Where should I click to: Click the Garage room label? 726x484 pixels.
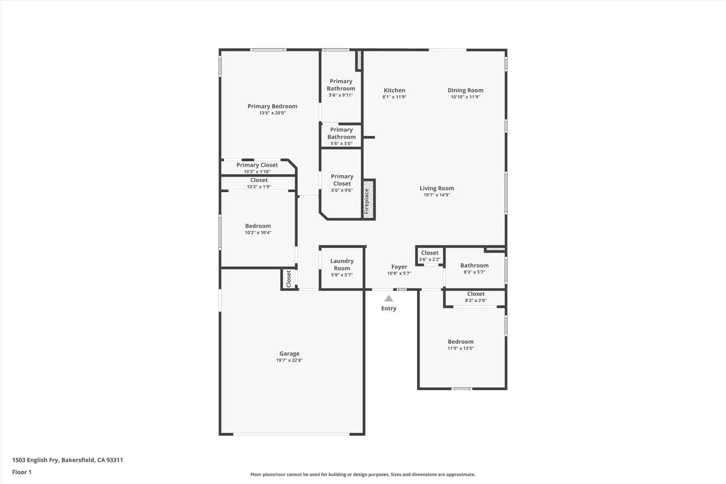click(x=289, y=353)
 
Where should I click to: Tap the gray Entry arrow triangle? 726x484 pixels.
click(x=389, y=299)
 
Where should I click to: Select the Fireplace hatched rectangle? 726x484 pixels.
click(x=369, y=198)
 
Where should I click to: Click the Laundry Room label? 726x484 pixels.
click(x=342, y=264)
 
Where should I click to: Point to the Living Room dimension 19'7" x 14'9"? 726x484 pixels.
click(x=437, y=195)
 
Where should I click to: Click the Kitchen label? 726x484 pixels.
click(x=394, y=90)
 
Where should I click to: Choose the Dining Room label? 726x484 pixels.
click(x=465, y=90)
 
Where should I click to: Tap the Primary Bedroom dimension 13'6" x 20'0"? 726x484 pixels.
click(x=272, y=113)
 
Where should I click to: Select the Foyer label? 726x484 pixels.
click(x=399, y=267)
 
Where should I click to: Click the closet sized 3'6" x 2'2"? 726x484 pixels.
click(x=429, y=256)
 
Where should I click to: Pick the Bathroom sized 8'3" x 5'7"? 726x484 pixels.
click(x=474, y=268)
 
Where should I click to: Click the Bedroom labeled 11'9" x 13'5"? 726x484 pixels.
click(x=460, y=344)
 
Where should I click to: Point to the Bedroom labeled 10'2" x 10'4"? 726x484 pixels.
click(x=258, y=229)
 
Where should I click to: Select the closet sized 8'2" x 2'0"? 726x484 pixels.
click(x=476, y=297)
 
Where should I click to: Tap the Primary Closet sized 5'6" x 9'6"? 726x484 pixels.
click(x=342, y=183)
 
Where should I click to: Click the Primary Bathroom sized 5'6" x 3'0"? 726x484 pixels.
click(x=341, y=136)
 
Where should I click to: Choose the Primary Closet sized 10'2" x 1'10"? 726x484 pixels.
click(x=257, y=168)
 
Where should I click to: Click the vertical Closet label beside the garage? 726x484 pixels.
click(x=289, y=279)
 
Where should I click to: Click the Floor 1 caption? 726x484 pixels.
click(x=22, y=472)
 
